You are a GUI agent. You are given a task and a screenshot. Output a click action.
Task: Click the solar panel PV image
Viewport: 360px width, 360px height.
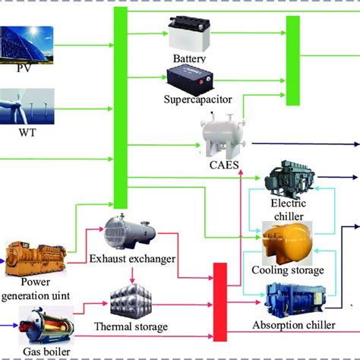[x=27, y=44]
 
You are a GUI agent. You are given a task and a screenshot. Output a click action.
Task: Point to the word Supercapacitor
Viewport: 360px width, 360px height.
[x=197, y=99]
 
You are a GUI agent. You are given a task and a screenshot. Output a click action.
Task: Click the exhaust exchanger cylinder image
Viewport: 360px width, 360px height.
[x=132, y=229]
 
